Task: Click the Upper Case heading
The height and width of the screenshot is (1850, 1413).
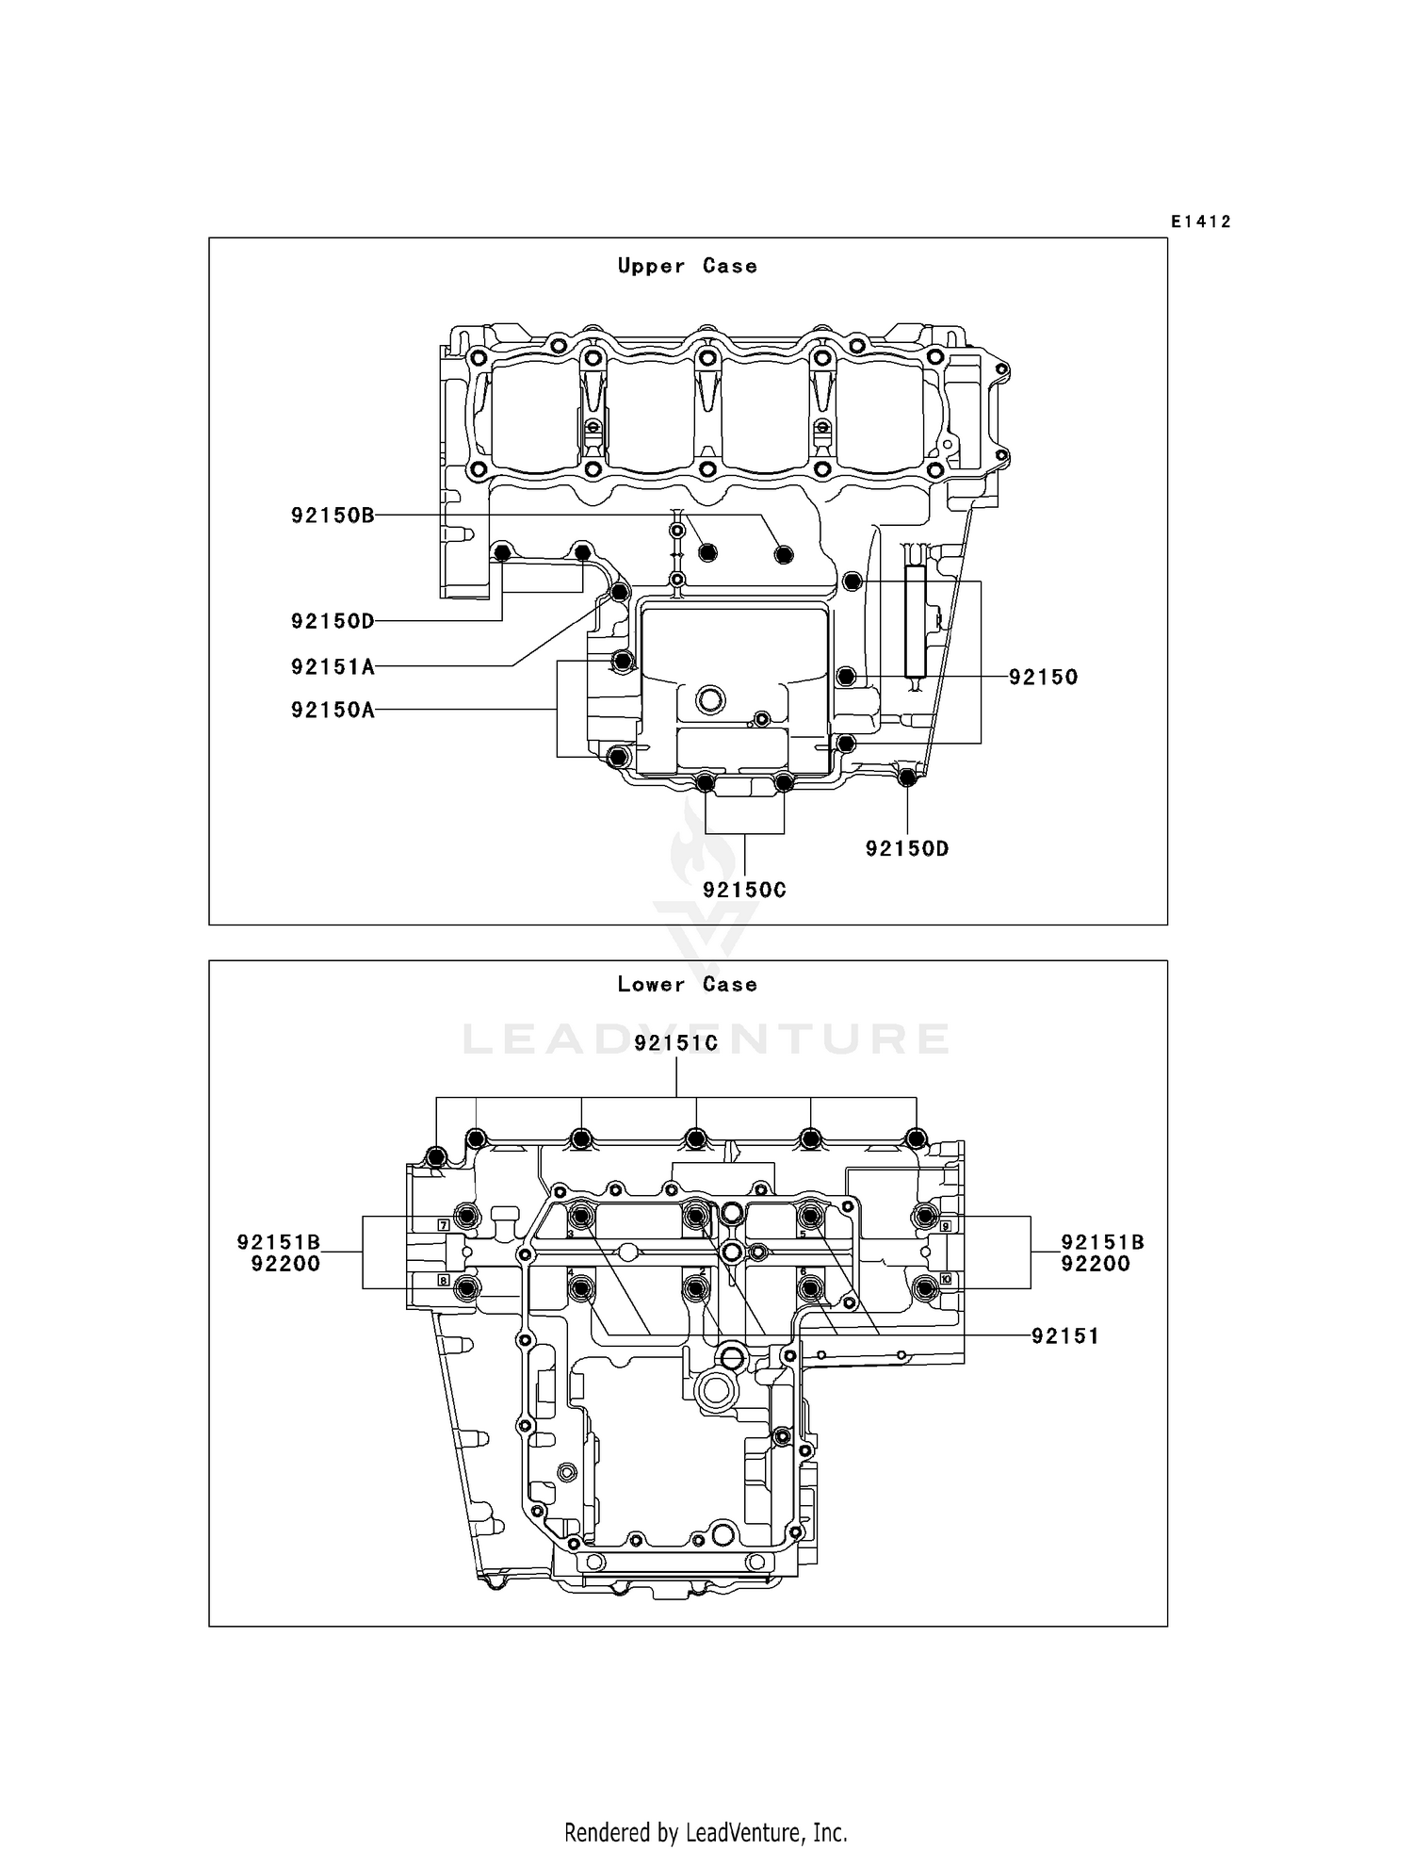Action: tap(687, 266)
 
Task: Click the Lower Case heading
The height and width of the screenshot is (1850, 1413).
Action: tap(687, 984)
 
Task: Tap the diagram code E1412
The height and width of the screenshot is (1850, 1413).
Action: tap(1201, 221)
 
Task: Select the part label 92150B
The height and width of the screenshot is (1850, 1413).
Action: tap(333, 515)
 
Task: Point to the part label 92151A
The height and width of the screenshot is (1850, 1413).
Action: tap(333, 666)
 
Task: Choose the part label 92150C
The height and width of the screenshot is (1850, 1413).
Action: tap(744, 889)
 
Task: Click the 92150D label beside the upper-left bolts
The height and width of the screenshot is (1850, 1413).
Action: tap(333, 620)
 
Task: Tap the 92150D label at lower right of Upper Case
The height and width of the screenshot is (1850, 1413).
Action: tap(907, 848)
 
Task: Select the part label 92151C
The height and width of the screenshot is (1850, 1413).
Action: tap(676, 1042)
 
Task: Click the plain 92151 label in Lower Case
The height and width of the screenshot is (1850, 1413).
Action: tap(1065, 1335)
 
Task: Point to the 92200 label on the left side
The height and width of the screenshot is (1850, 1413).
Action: tap(285, 1264)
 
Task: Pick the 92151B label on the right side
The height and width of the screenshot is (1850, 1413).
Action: tap(1102, 1242)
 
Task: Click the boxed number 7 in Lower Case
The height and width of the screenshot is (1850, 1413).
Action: tap(443, 1225)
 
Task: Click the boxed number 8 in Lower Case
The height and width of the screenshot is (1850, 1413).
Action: tap(443, 1280)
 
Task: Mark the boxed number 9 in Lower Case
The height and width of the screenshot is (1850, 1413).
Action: tap(945, 1225)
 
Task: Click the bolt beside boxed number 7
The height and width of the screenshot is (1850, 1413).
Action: tap(467, 1216)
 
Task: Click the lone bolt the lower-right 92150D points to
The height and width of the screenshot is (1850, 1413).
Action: tap(907, 778)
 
